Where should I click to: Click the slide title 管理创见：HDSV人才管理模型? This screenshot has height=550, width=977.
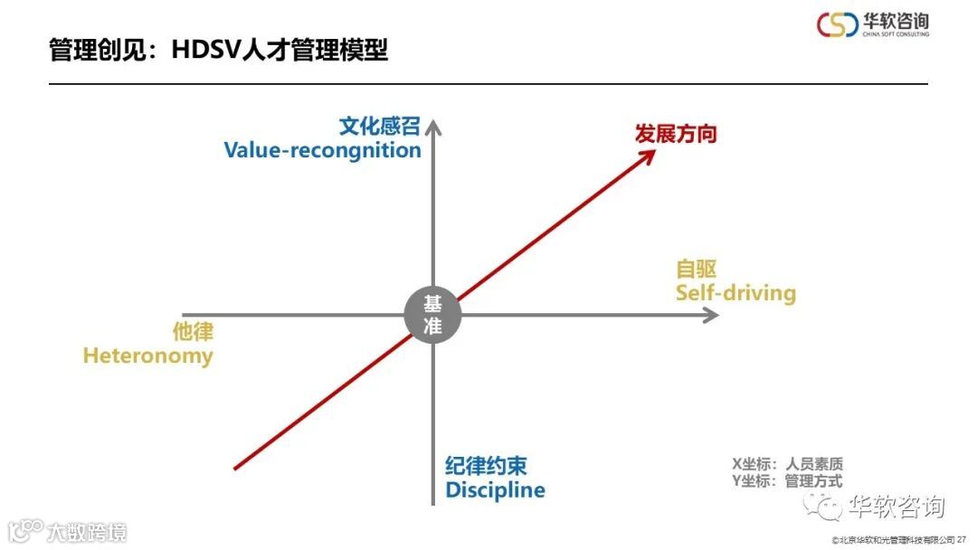[x=218, y=50]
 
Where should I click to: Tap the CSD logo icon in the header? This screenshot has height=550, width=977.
[x=838, y=24]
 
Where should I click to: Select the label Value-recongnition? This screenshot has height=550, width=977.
[x=322, y=150]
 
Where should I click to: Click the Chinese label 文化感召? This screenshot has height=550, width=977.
[x=380, y=126]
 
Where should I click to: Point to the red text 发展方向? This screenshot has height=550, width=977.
[x=675, y=134]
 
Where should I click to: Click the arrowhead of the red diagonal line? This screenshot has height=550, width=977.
[x=648, y=156]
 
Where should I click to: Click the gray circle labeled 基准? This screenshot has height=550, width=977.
[x=432, y=315]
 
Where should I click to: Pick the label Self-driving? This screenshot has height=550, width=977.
[x=735, y=293]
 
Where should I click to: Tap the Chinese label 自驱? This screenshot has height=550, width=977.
[x=697, y=269]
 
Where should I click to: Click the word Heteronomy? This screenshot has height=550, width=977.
[x=147, y=356]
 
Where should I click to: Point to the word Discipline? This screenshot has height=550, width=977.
[x=495, y=490]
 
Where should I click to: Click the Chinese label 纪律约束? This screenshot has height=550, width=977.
[x=486, y=467]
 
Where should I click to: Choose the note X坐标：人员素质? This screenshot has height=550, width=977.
[x=787, y=465]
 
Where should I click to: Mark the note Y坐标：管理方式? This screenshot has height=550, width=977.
[x=787, y=481]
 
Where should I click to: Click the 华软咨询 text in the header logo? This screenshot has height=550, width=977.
[x=896, y=21]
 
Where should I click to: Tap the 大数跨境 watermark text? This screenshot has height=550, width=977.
[x=88, y=531]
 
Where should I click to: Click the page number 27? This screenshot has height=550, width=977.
[x=962, y=540]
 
